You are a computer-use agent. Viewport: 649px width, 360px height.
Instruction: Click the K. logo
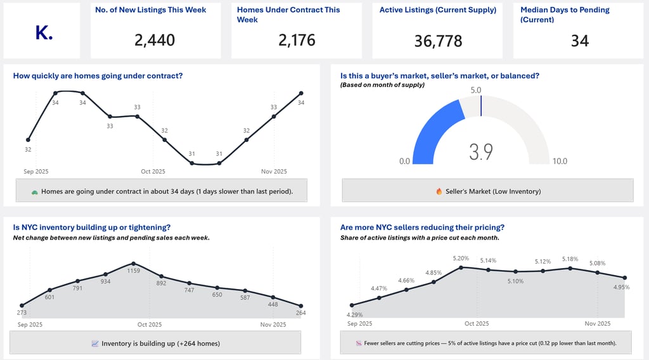[44, 34]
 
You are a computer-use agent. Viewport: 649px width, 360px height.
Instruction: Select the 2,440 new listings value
[155, 41]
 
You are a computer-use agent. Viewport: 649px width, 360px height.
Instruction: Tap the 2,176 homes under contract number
[297, 41]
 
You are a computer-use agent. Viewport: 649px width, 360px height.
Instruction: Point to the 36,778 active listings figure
[438, 41]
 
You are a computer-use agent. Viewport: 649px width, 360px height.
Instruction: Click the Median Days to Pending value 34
[579, 41]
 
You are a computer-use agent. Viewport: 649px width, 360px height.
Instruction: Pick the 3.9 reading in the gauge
[481, 152]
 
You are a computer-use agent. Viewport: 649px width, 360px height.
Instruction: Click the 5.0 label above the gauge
[476, 90]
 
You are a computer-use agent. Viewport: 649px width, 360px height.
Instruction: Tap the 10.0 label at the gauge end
[560, 162]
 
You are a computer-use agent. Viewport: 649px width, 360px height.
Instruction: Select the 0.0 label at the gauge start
[404, 162]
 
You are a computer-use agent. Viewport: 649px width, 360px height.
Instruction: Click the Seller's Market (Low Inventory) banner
[487, 191]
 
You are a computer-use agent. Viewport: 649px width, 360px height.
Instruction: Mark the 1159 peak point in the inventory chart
[133, 263]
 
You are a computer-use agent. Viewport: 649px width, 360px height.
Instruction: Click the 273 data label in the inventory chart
[22, 312]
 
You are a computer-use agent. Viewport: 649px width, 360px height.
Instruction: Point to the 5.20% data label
[461, 259]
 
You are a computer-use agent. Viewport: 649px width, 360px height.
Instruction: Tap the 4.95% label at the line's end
[622, 287]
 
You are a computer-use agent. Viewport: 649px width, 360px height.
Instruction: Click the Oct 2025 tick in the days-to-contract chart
[153, 171]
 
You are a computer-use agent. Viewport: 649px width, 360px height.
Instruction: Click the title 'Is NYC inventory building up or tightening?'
[92, 227]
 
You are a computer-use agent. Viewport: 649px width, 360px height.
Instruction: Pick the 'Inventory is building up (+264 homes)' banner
[155, 344]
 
